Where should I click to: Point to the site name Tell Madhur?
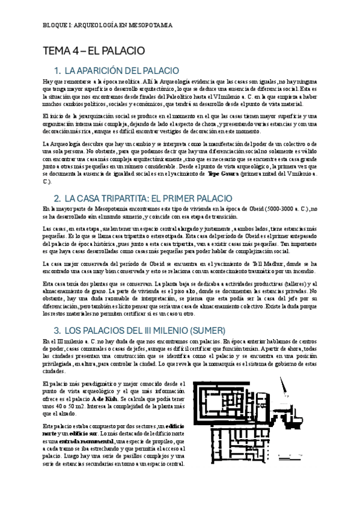click(x=267, y=263)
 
